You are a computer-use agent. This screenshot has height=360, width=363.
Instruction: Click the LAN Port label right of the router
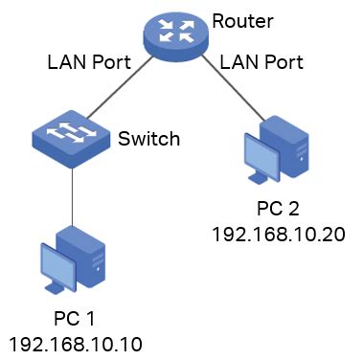click(x=261, y=64)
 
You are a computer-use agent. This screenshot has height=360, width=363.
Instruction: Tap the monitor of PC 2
click(x=263, y=155)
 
